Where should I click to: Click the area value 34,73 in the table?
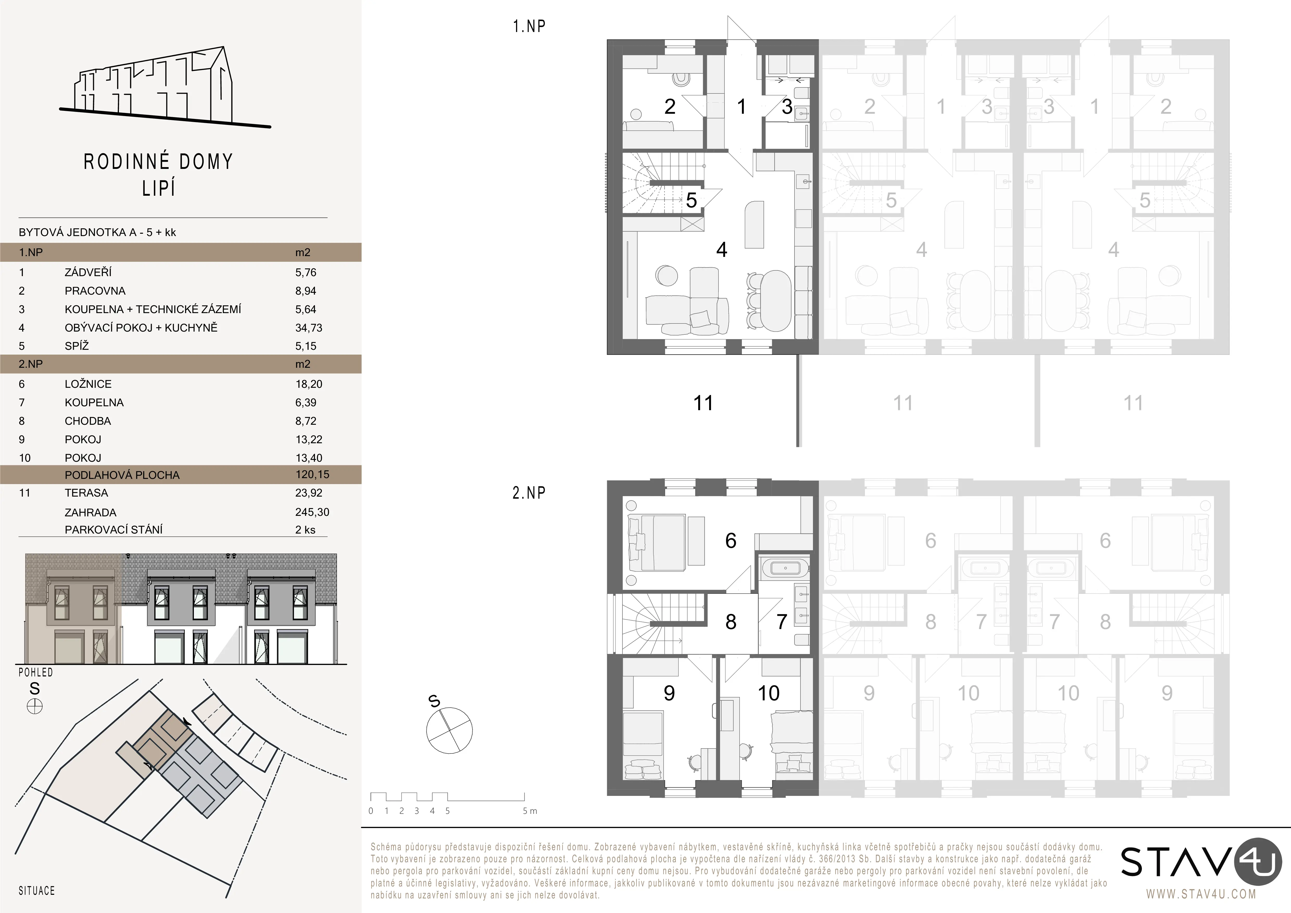[309, 328]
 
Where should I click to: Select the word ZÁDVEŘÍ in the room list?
[88, 272]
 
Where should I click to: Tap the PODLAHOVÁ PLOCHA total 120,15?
[312, 474]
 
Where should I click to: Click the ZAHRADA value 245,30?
[312, 512]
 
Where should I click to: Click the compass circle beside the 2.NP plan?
[449, 731]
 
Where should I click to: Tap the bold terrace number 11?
[703, 403]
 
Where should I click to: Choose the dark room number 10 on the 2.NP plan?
[769, 693]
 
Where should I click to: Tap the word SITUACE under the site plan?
[36, 891]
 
